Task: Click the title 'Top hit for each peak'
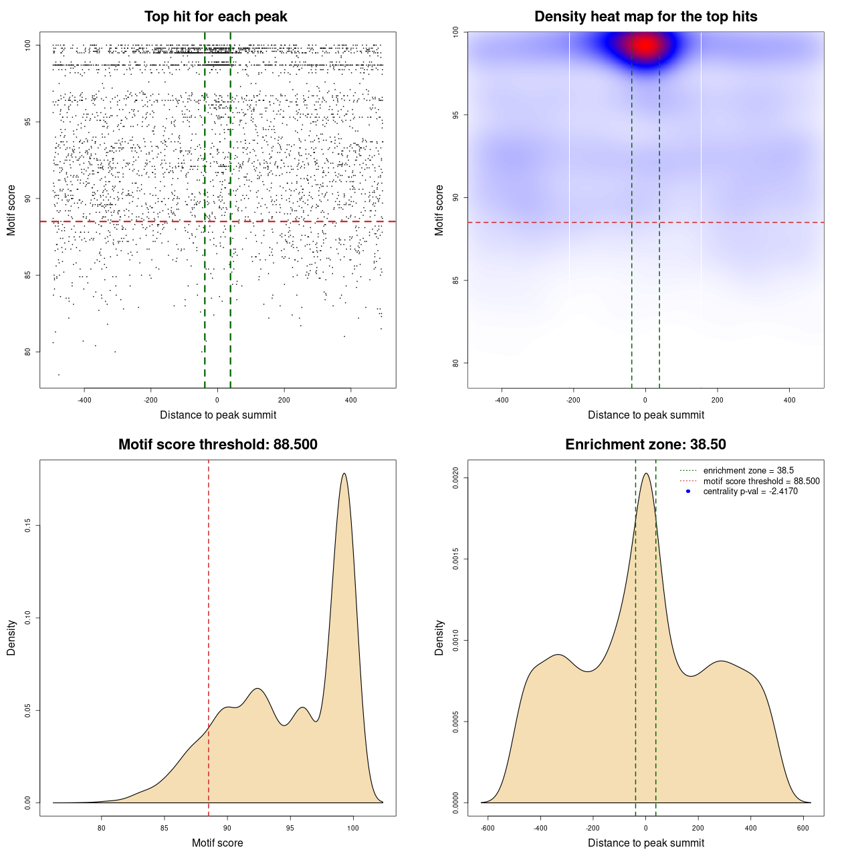216,17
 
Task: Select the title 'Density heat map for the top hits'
646,17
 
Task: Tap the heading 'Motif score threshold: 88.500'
218,445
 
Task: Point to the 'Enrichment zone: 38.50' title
646,445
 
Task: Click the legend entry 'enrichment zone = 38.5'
748,471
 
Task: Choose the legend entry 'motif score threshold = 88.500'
761,481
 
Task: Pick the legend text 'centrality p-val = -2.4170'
750,492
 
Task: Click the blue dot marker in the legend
688,492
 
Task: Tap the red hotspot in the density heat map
645,45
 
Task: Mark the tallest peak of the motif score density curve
344,473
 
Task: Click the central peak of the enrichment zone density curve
646,473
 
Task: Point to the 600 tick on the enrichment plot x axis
803,828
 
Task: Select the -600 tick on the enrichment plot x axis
488,828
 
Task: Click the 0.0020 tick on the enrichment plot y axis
456,477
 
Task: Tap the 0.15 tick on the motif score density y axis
28,526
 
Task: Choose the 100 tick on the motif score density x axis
353,828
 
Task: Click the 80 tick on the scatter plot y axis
28,352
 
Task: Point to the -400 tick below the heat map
502,400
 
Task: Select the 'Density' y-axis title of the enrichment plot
439,637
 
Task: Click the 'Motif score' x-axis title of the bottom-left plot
217,843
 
